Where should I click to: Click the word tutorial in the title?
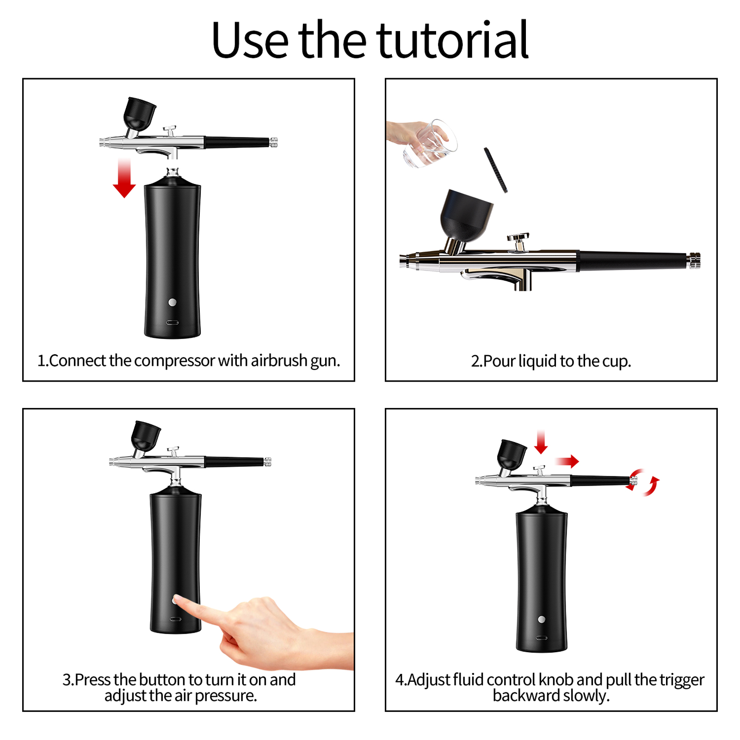[452, 41]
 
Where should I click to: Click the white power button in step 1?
[173, 302]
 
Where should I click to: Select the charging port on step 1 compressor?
[173, 322]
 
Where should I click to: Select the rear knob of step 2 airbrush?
[694, 261]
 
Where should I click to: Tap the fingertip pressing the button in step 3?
[178, 601]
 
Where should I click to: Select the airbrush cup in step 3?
[145, 436]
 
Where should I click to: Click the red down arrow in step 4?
[541, 442]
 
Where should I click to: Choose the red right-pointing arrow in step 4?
[567, 461]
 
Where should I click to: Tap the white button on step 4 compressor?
[542, 619]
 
